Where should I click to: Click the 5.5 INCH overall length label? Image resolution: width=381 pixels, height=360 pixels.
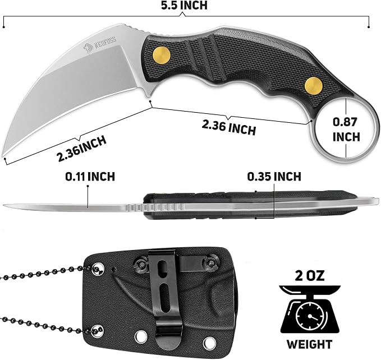coord(184,6)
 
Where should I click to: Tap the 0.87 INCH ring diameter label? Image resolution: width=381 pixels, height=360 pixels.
coord(346,130)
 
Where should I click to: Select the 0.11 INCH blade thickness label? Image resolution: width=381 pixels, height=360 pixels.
coord(90,177)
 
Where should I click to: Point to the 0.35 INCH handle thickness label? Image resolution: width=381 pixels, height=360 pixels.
coord(274,177)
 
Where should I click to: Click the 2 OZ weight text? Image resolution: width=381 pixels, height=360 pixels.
coord(310,276)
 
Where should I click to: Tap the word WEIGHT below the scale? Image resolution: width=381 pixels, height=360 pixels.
coord(310,344)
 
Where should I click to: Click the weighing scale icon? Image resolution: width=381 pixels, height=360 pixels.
coord(310,310)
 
